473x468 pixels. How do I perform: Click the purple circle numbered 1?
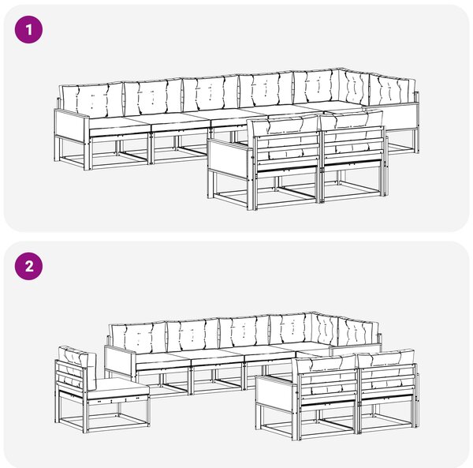(x=28, y=30)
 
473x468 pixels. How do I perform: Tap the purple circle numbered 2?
(x=28, y=267)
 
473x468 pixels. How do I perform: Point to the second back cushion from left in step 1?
(x=153, y=96)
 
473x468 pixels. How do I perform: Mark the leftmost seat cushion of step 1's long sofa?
(x=119, y=124)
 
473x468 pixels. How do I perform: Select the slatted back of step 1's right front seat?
(x=353, y=145)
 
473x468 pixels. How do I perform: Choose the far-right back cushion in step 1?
(x=392, y=88)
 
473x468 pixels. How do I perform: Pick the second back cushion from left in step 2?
(x=193, y=335)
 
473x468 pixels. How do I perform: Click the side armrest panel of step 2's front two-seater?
(x=274, y=391)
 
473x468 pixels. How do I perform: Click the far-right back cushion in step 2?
(x=359, y=331)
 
